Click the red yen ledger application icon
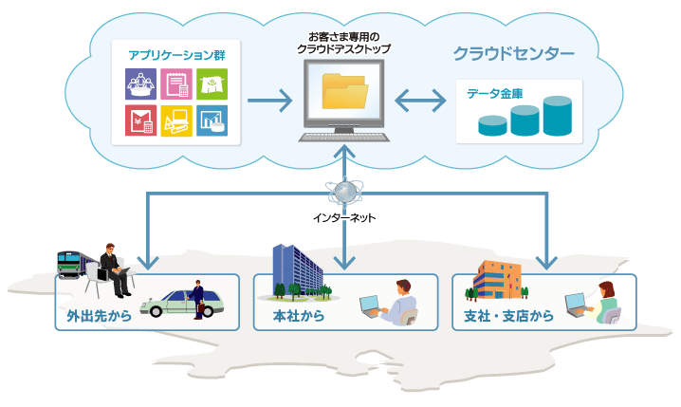click(x=140, y=120)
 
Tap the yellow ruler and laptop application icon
click(x=176, y=120)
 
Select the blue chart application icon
click(x=212, y=120)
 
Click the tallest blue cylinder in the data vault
click(x=556, y=116)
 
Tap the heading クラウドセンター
click(x=513, y=53)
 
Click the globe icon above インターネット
click(x=344, y=192)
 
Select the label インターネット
click(x=344, y=218)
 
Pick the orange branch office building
click(x=498, y=278)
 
